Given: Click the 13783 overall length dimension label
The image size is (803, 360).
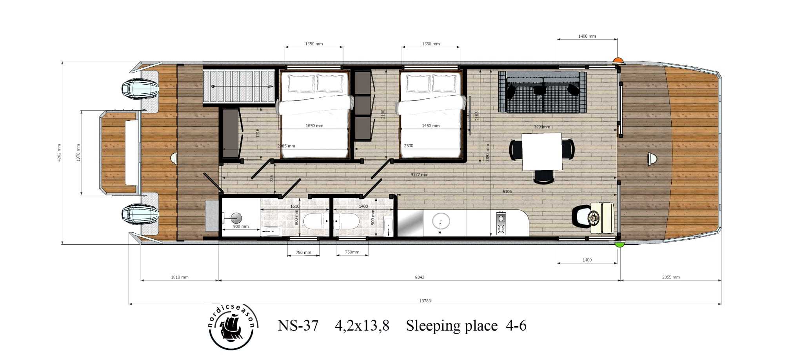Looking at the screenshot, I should click(425, 301).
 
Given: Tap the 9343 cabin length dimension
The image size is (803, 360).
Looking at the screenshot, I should click(420, 277).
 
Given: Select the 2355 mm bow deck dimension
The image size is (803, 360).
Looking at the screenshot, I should click(671, 277).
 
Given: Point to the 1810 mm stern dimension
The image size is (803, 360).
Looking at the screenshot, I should click(180, 277).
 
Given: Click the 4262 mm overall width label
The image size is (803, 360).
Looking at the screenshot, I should click(59, 153).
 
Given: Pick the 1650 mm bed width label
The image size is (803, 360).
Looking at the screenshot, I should click(314, 126).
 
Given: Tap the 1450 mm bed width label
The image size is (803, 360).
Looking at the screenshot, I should click(431, 126).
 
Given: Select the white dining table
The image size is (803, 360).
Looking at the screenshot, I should click(542, 151).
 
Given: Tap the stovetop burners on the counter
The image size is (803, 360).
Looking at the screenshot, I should click(501, 223).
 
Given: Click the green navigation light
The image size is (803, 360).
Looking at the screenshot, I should click(619, 245).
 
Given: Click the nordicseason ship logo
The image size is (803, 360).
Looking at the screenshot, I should click(231, 328).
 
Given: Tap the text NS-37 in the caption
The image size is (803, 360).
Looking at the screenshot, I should click(298, 326).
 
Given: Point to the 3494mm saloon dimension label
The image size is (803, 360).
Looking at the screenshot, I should click(542, 127).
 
